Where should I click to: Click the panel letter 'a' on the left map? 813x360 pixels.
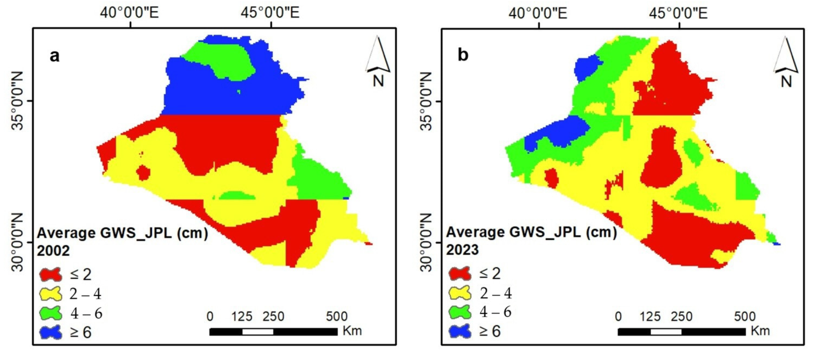coord(54,56)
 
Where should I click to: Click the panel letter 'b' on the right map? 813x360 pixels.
coord(463,55)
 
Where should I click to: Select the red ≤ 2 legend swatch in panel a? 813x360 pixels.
coord(50,274)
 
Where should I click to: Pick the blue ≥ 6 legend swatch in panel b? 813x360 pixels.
coord(459,331)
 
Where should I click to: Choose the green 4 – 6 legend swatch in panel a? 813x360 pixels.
coord(50,313)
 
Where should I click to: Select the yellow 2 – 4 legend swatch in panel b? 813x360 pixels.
coord(459,293)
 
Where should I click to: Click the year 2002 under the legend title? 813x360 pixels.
coord(53,251)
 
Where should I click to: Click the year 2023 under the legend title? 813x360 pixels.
coord(462,250)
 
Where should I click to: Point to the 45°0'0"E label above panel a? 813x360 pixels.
coord(270,13)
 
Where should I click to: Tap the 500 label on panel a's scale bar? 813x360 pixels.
coord(337,316)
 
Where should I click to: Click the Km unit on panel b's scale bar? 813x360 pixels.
coord(760,331)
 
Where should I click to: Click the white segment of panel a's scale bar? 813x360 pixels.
coord(258,332)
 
